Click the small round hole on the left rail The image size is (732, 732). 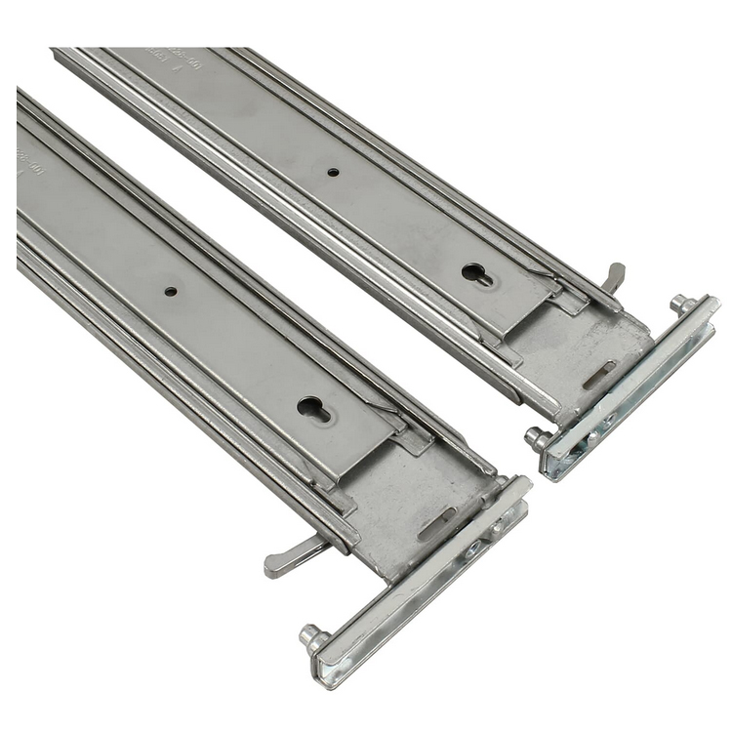171,291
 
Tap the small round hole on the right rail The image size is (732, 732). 333,172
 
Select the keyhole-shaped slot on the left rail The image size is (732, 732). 314,408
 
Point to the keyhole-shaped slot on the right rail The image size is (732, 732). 477,275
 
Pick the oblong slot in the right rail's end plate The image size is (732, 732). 599,374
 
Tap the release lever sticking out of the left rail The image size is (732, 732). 293,556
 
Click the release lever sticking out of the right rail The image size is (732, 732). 614,276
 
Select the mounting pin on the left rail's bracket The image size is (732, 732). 313,638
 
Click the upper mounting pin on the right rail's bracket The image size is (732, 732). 682,304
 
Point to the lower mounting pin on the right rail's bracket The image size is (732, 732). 536,438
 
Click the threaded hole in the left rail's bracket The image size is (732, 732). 472,549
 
